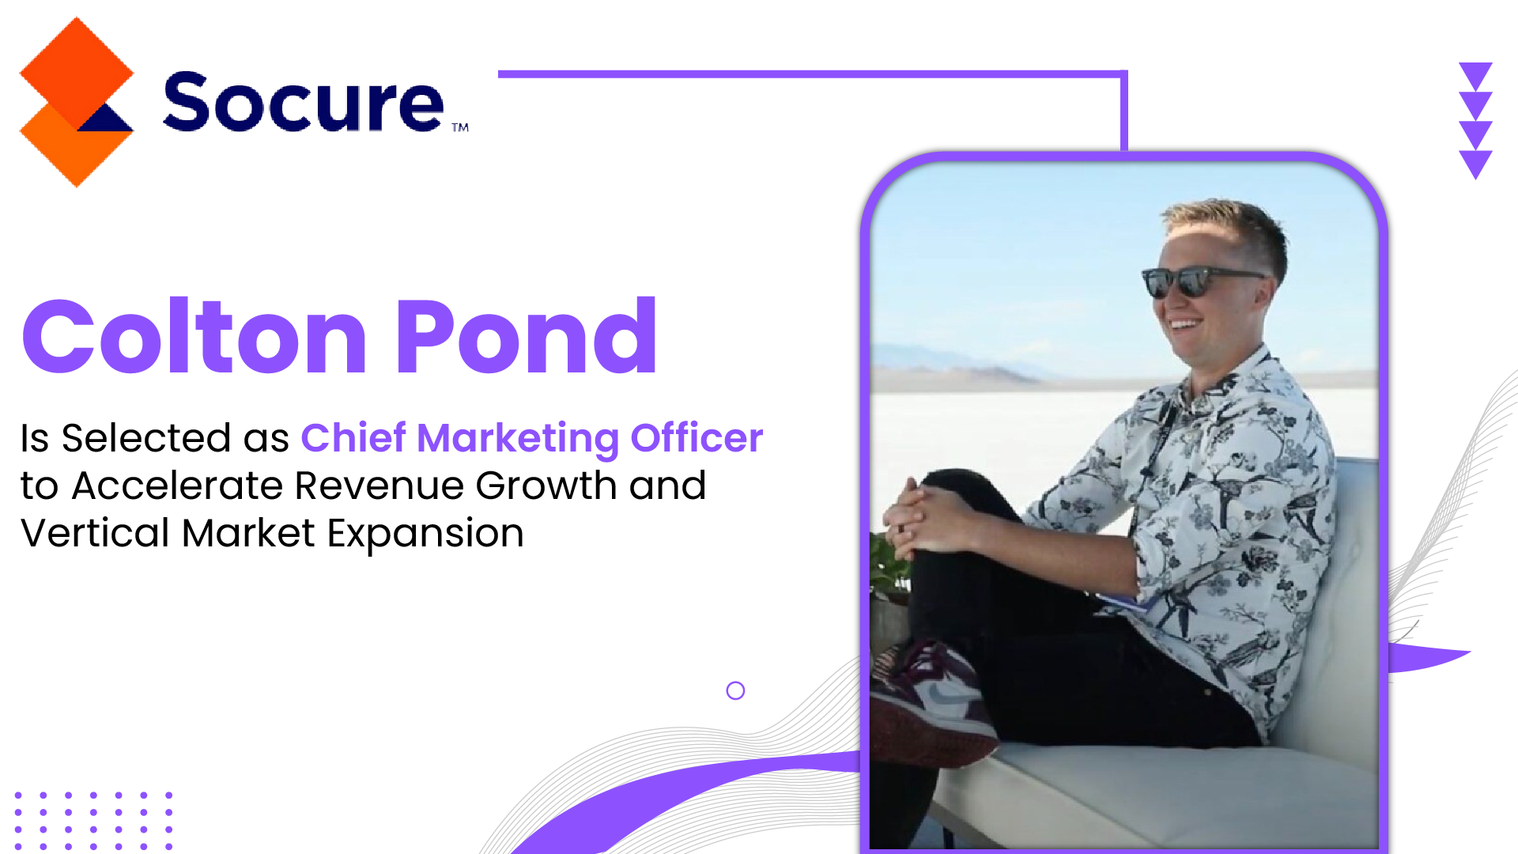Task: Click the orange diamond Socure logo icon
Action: click(77, 102)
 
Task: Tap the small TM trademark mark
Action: click(460, 127)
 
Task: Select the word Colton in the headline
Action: click(194, 335)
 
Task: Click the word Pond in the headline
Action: click(526, 335)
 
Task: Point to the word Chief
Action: click(353, 437)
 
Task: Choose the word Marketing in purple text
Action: click(518, 439)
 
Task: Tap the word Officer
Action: click(697, 437)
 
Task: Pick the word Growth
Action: click(546, 486)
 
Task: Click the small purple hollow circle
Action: click(735, 682)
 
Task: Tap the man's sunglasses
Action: click(1202, 281)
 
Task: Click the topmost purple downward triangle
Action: click(1475, 76)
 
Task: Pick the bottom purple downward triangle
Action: click(1475, 164)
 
